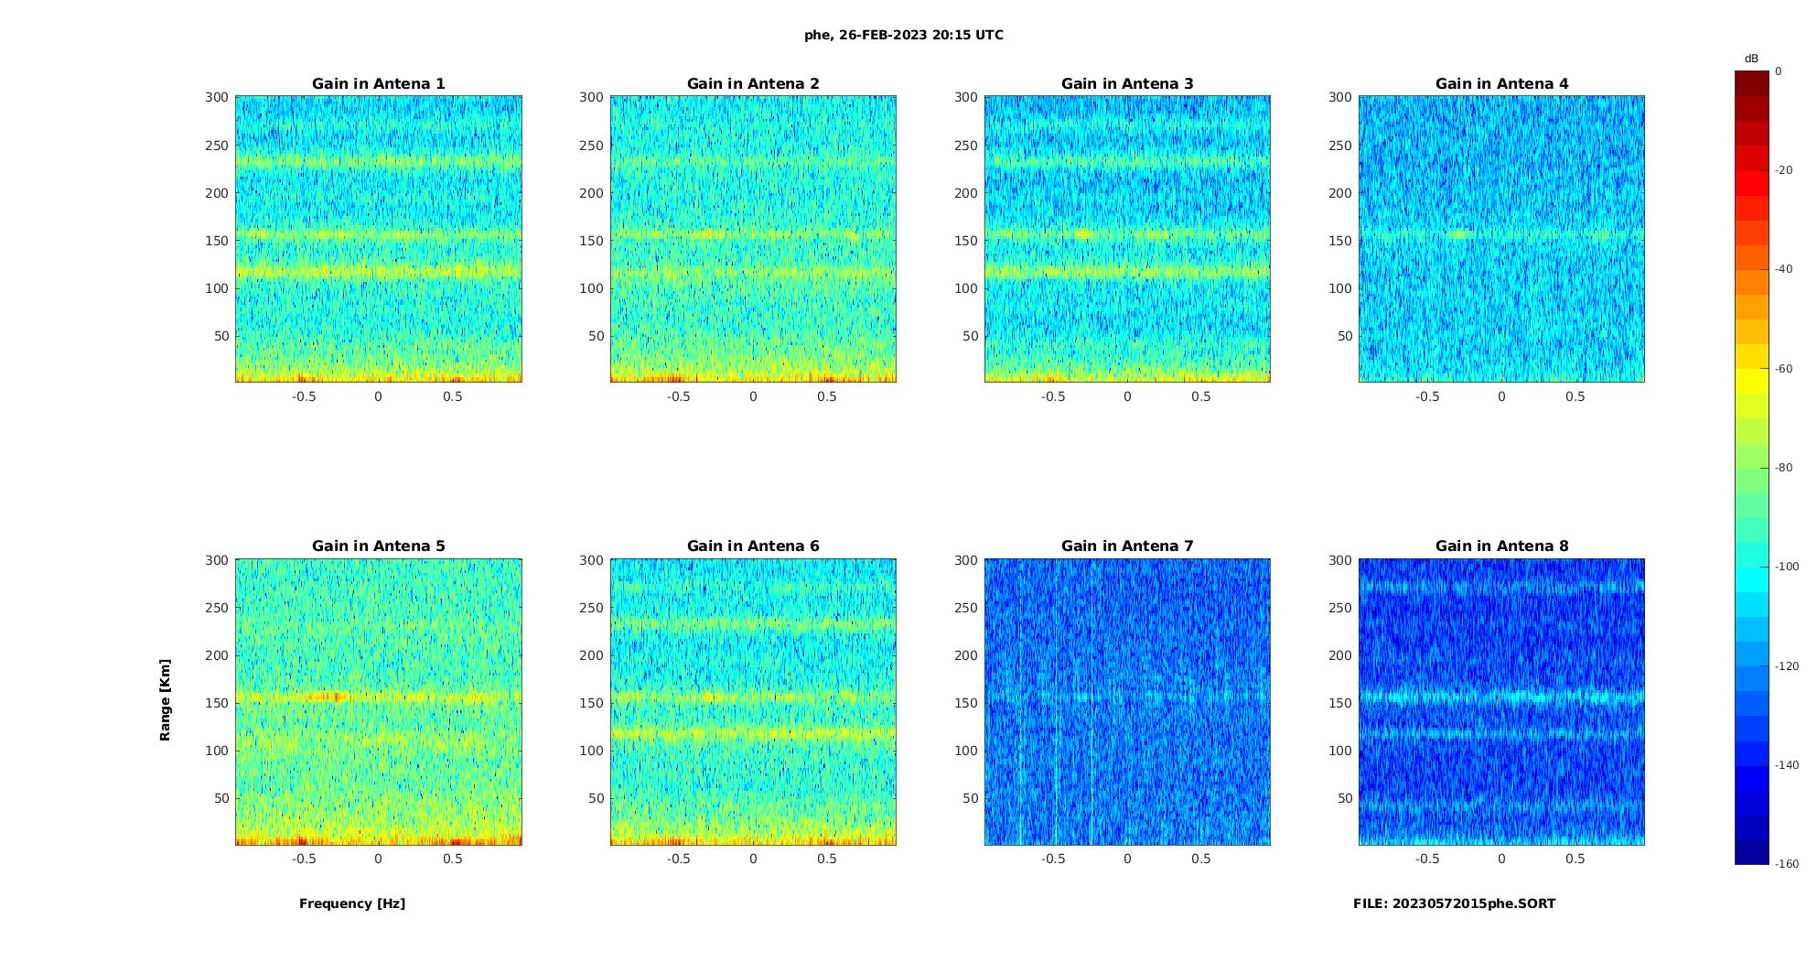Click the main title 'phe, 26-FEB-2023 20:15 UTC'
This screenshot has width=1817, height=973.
tap(903, 35)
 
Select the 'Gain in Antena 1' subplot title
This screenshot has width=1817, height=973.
tap(378, 83)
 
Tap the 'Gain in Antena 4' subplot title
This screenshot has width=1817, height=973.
tap(1501, 83)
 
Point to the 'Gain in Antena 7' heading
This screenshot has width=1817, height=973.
tap(1127, 546)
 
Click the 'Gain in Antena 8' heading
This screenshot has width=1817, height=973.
tap(1501, 546)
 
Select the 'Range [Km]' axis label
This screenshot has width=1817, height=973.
tap(165, 699)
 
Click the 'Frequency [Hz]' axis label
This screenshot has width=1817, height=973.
tap(352, 903)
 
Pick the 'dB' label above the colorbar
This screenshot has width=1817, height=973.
tap(1751, 59)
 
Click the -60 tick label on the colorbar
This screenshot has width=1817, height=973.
tap(1784, 369)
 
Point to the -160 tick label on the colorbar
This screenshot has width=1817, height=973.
tap(1787, 864)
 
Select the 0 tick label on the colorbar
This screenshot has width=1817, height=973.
tap(1779, 71)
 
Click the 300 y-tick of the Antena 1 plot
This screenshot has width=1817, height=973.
tap(216, 97)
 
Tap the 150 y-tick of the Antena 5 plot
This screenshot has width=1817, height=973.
tap(216, 703)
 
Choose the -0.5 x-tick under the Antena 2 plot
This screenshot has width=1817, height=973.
tap(678, 396)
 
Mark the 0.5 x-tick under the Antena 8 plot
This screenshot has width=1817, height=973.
tap(1575, 859)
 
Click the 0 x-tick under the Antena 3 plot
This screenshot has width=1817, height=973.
tap(1127, 396)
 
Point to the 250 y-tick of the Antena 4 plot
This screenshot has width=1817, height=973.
tap(1339, 146)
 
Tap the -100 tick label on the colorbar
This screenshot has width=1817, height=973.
tap(1787, 567)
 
